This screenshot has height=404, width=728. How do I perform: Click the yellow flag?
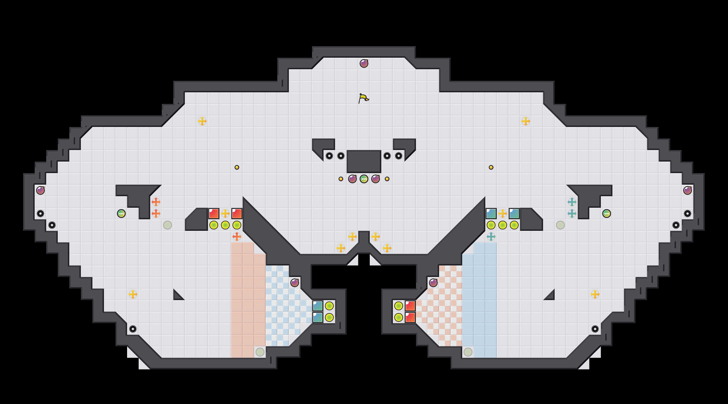[363, 98]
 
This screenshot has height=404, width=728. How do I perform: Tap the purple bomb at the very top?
[364, 63]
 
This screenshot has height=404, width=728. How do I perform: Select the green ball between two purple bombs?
[364, 179]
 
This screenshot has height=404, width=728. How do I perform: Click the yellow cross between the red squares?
[225, 214]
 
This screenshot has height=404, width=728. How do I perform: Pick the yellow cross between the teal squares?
[503, 214]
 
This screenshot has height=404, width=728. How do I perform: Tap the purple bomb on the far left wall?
[40, 190]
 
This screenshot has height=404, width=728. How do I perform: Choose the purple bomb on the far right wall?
[688, 190]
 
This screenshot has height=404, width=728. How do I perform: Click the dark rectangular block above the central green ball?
[364, 161]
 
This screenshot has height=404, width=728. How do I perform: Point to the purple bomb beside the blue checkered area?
[295, 283]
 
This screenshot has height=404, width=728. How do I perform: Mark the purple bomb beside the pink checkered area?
[433, 283]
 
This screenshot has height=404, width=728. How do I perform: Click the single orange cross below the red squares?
[237, 237]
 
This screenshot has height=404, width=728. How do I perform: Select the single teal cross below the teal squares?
[491, 237]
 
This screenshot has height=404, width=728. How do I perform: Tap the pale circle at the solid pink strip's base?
[260, 352]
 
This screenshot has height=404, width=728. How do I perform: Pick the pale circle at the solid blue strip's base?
[468, 352]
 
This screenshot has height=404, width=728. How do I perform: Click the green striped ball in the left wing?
[121, 214]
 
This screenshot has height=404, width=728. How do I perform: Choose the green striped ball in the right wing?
[607, 214]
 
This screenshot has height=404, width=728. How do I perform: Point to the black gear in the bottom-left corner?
[133, 329]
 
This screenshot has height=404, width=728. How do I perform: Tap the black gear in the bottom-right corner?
[595, 329]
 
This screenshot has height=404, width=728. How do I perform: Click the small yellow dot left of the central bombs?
[341, 179]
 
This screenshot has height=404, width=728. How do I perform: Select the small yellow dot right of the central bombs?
[387, 179]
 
